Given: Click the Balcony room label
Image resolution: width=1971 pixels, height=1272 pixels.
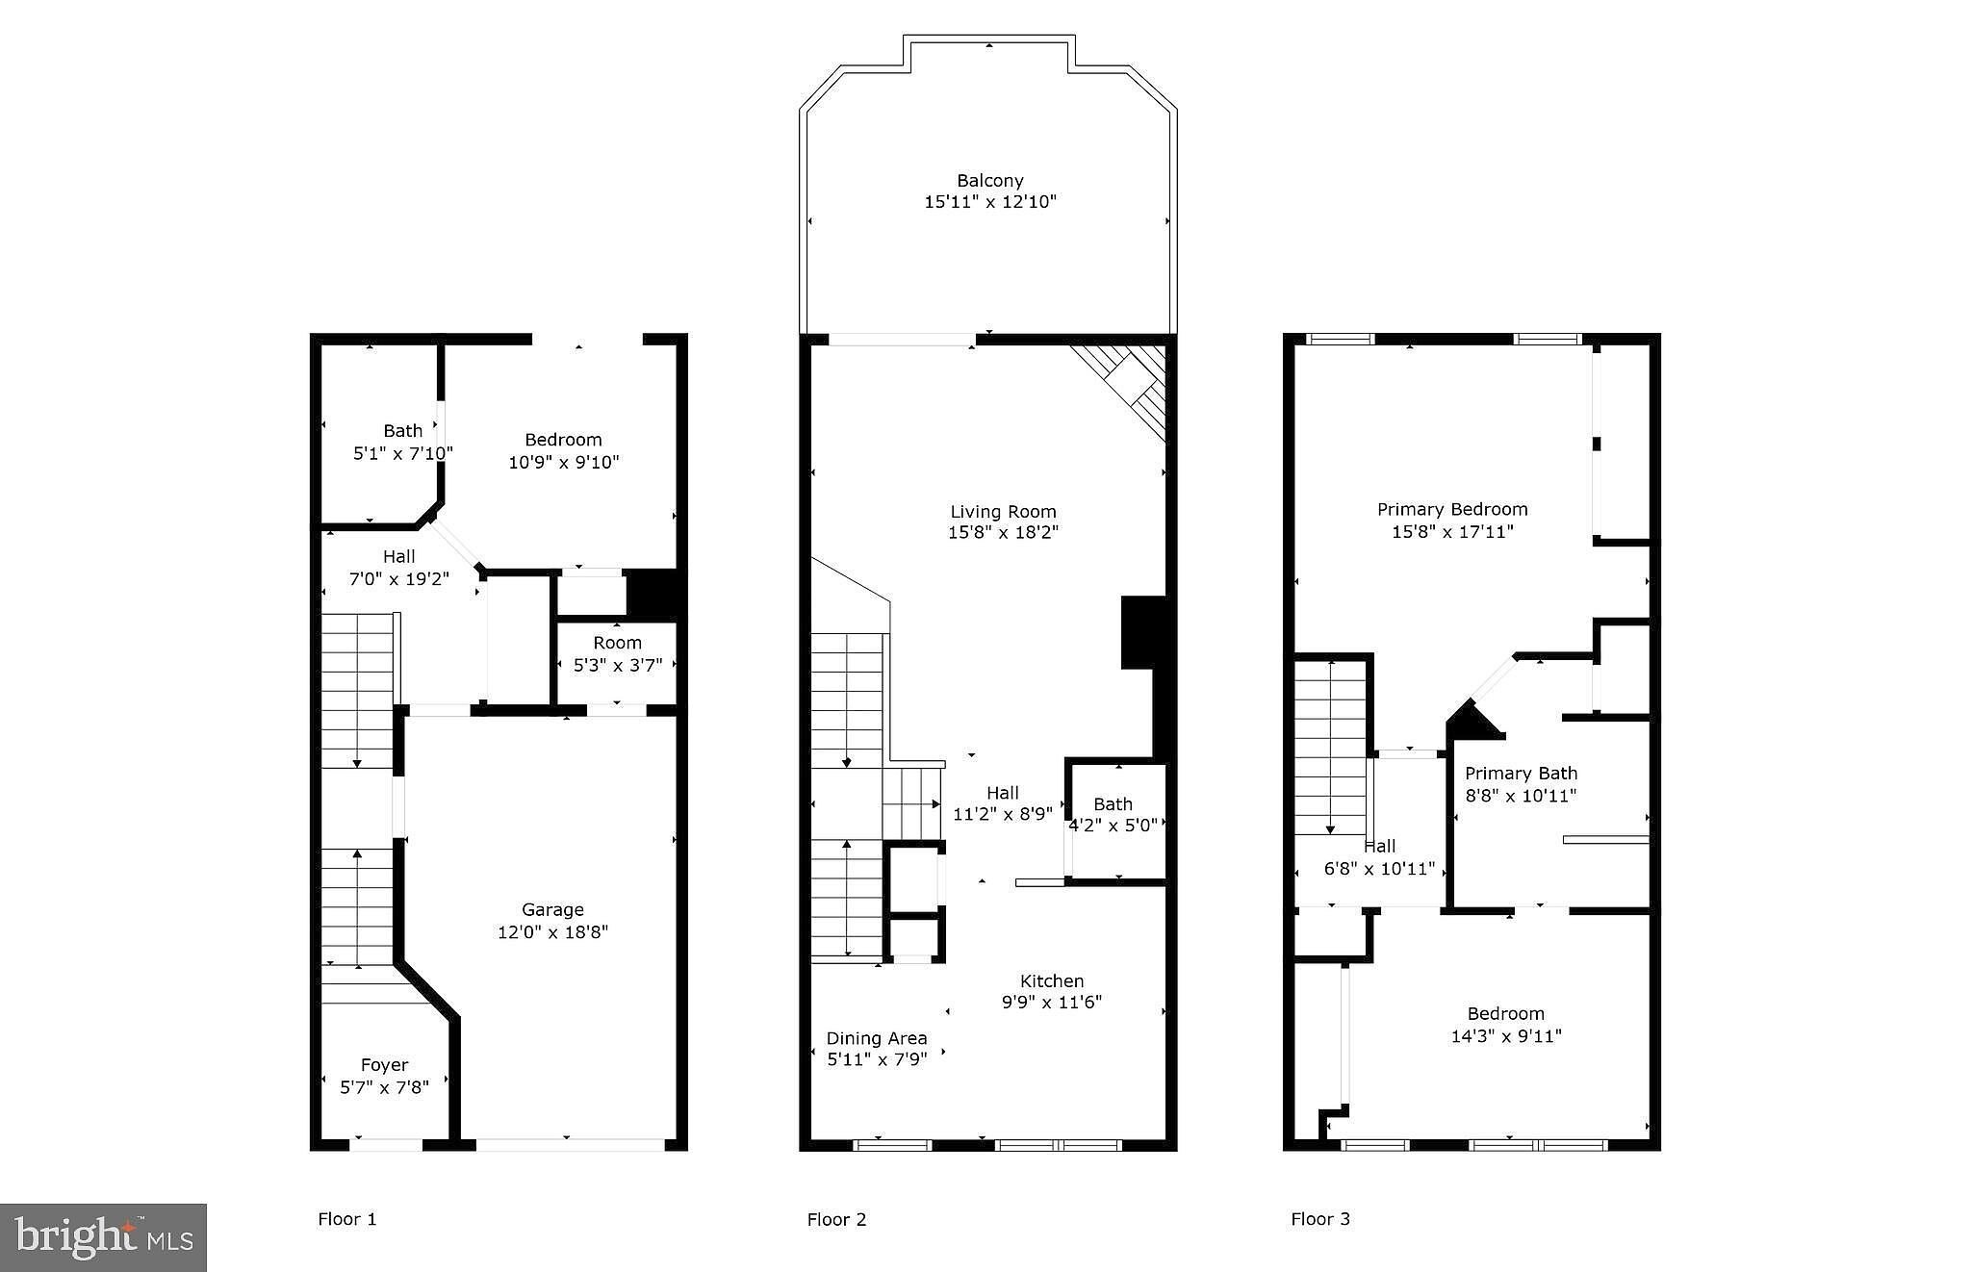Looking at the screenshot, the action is [989, 180].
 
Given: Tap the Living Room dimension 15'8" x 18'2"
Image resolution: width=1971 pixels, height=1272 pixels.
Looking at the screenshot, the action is [1003, 532].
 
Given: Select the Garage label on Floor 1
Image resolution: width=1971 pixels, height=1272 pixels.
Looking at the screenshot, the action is [552, 909].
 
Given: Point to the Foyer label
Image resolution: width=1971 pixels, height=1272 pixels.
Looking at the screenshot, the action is [384, 1064].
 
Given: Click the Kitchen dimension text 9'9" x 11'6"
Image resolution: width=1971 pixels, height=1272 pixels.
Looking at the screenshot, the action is [1051, 1002].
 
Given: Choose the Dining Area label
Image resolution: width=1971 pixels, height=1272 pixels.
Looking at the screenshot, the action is [877, 1038].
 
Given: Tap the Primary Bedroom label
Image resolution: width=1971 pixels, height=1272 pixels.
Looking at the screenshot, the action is [1452, 509].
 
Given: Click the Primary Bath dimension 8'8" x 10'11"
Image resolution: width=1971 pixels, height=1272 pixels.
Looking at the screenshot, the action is [1521, 796].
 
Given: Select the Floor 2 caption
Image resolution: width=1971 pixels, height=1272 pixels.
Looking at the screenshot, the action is [836, 1219].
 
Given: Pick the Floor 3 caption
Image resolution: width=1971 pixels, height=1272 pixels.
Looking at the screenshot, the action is [1320, 1219].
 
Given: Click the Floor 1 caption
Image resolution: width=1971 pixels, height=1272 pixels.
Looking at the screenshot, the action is [346, 1219].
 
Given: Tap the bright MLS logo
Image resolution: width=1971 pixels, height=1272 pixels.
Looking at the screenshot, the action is [104, 1237].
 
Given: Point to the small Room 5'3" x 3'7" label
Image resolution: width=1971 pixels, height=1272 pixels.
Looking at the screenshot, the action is [617, 654].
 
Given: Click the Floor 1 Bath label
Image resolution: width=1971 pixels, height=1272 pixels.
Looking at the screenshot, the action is [402, 431].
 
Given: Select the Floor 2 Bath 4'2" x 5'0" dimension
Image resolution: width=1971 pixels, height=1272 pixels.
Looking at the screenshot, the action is [1113, 826].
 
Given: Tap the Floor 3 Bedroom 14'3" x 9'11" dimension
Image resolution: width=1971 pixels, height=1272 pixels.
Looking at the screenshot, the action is [1505, 1036].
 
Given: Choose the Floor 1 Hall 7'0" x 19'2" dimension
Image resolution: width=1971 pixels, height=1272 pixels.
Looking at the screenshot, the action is [398, 579].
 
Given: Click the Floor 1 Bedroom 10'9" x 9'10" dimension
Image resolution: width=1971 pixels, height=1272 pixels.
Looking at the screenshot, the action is [563, 462].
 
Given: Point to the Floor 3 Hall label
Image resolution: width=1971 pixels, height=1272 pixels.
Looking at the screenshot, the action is [1379, 847].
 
